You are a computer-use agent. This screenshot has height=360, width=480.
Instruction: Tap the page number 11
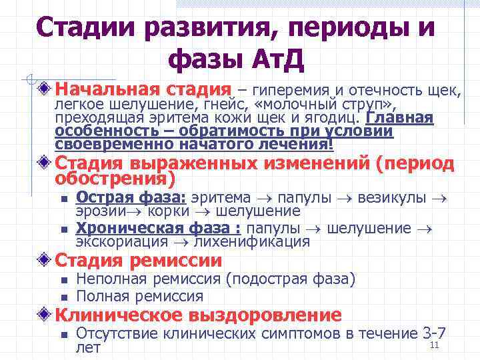coord(434,345)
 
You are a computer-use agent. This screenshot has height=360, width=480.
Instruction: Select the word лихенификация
coord(260,241)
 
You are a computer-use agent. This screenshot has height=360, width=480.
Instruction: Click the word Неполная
coord(111,279)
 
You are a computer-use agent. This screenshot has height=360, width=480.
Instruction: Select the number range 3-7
coord(435,333)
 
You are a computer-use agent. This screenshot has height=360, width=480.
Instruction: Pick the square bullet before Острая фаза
coord(63,199)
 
